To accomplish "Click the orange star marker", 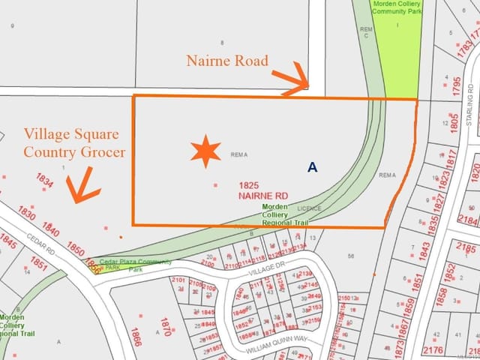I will (x=205, y=151).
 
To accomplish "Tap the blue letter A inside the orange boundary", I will (x=312, y=168).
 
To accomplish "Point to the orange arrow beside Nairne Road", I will (x=291, y=80).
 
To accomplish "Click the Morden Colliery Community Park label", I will (x=397, y=7).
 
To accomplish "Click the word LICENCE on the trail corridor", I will (x=309, y=208).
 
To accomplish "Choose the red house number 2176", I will (x=432, y=349).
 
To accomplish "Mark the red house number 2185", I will (x=466, y=248).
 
